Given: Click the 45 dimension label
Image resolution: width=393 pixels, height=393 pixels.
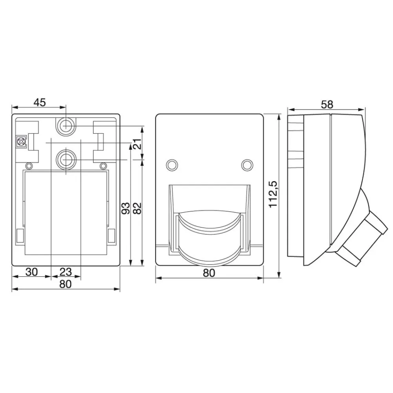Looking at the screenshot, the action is click(40, 102).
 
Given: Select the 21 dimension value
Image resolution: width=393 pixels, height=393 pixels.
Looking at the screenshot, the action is click(137, 144).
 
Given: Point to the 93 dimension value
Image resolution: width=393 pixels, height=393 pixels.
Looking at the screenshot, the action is click(126, 208).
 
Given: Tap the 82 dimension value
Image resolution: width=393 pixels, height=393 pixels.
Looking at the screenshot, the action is click(137, 208).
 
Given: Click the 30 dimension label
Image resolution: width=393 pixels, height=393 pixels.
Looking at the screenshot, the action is click(31, 272).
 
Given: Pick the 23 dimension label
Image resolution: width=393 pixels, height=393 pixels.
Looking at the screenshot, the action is click(66, 272).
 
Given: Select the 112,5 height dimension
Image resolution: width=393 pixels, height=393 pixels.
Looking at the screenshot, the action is click(273, 194).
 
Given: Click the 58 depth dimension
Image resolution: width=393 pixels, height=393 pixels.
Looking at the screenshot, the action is click(327, 105).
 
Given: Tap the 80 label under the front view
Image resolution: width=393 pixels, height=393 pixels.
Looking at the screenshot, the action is click(209, 273).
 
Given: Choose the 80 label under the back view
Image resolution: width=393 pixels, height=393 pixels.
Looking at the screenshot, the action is click(65, 284).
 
